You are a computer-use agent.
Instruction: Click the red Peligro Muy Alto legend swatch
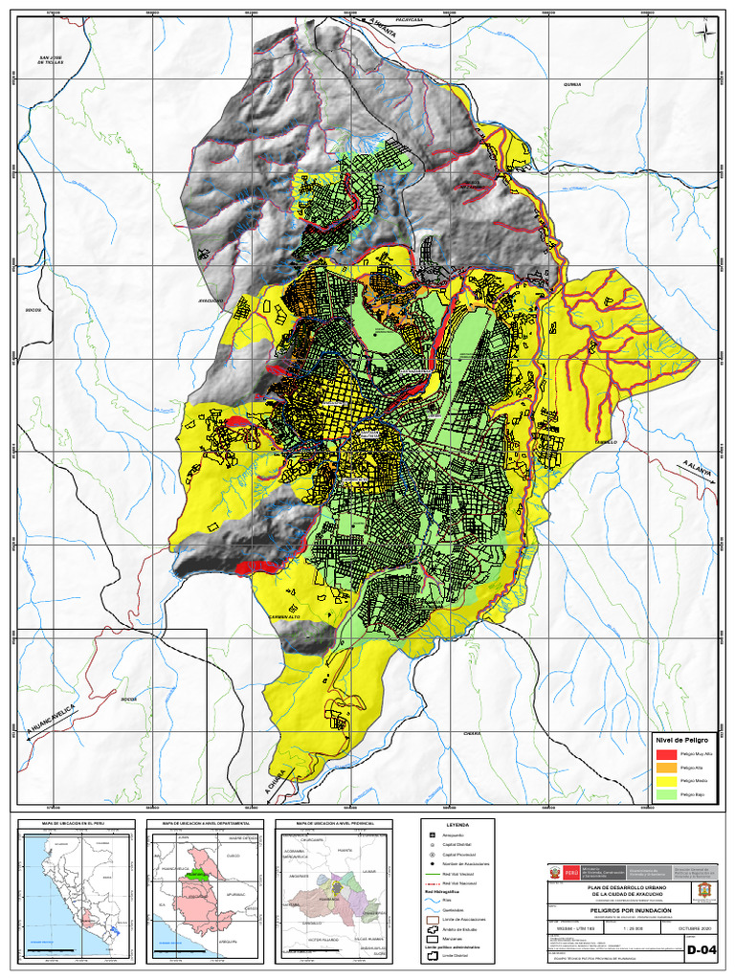tap(665, 754)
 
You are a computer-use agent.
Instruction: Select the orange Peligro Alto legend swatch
tap(665, 768)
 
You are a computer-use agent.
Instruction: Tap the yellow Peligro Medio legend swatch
tap(665, 781)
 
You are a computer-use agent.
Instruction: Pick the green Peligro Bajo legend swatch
tap(665, 794)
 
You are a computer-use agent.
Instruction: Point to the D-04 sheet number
tap(702, 952)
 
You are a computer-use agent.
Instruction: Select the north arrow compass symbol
tap(705, 31)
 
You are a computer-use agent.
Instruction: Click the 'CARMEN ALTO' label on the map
tap(286, 617)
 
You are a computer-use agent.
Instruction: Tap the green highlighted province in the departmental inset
tap(197, 873)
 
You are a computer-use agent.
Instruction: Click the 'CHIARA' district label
tap(471, 733)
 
